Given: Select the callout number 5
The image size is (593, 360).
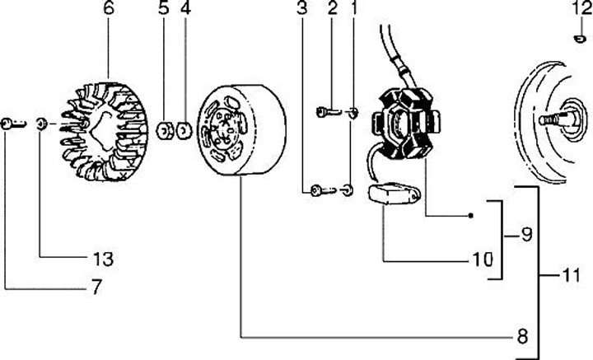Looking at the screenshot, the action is tap(163, 11).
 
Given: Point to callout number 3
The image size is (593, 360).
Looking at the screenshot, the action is tap(302, 10).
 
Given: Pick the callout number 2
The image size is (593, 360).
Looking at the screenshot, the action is tap(332, 10).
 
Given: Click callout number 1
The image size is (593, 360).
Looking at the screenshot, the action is tap(354, 10).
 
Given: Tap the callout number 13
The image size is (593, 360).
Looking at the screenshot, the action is tap(102, 259).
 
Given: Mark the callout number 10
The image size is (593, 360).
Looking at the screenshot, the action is tap(482, 259).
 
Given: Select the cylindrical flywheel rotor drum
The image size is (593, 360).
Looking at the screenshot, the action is tap(243, 132).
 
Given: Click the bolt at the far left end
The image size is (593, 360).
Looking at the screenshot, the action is tap(11, 124).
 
